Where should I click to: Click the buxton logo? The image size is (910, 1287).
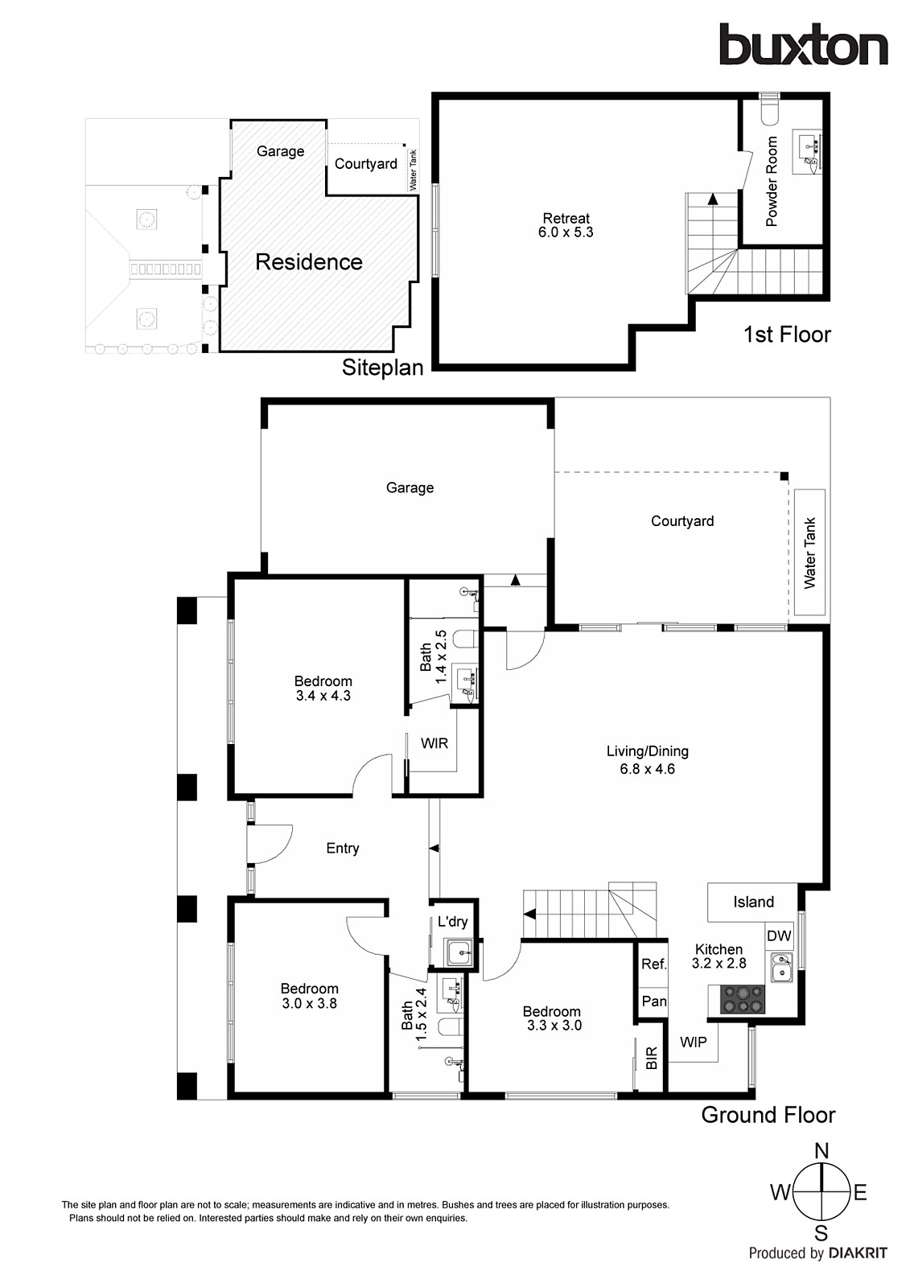pos(802,45)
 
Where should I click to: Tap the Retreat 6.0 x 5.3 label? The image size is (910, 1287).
pos(566,225)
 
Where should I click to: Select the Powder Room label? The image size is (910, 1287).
pos(772,181)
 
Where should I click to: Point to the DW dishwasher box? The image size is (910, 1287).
pos(779,935)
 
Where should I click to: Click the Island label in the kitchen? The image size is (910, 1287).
pos(753,902)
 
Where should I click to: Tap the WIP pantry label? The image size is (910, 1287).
pos(693,1042)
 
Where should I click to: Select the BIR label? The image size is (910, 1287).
pos(652,1058)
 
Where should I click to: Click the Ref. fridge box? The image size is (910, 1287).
pos(653,964)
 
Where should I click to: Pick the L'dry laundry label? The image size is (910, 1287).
pos(452,923)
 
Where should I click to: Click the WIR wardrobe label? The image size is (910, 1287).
pos(434,743)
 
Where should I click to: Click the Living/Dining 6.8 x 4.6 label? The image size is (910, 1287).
pos(647,760)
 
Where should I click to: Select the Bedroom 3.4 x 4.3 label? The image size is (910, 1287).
pos(323,689)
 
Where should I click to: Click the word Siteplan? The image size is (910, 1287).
pos(382,368)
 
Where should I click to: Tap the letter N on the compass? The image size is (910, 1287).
pos(821,1151)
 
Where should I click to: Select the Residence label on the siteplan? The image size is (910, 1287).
pos(308,261)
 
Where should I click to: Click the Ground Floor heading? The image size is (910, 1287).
pos(768,1115)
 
